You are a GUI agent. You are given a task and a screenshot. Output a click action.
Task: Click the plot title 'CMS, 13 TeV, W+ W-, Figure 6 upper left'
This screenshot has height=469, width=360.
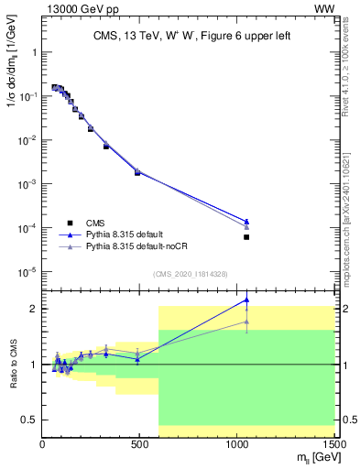[188, 36]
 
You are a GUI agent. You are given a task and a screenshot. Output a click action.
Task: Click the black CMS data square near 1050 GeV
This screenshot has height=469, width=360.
[246, 237]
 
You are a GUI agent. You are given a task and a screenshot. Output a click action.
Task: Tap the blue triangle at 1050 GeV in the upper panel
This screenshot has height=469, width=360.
[246, 221]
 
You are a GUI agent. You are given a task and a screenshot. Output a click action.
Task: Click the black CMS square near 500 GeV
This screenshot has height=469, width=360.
[137, 172]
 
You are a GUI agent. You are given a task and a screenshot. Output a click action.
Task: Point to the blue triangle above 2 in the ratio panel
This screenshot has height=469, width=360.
[246, 300]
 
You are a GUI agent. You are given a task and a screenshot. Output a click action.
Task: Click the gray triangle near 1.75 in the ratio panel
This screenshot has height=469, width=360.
[246, 322]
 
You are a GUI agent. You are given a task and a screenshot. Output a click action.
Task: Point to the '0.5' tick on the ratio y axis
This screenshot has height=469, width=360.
[29, 420]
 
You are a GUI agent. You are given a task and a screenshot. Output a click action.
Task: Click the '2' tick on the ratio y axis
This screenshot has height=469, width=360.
[34, 309]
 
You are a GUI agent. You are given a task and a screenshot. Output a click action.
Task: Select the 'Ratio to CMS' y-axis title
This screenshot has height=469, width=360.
[12, 364]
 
